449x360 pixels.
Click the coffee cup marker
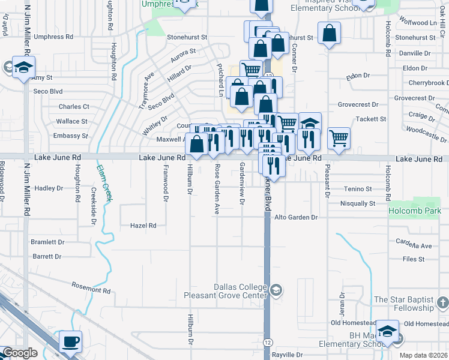(70, 341)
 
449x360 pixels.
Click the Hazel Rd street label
(143, 226)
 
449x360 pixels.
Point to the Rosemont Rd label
(91, 289)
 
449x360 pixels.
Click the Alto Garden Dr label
(295, 217)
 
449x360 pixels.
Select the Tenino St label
(358, 189)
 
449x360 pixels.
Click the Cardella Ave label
(414, 245)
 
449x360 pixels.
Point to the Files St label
(414, 259)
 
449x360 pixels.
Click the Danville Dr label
(415, 53)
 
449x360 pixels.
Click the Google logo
(20, 353)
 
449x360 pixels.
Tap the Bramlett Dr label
(48, 242)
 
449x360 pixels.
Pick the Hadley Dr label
(49, 188)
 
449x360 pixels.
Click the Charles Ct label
(73, 107)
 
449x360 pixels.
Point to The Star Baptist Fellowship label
(403, 304)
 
